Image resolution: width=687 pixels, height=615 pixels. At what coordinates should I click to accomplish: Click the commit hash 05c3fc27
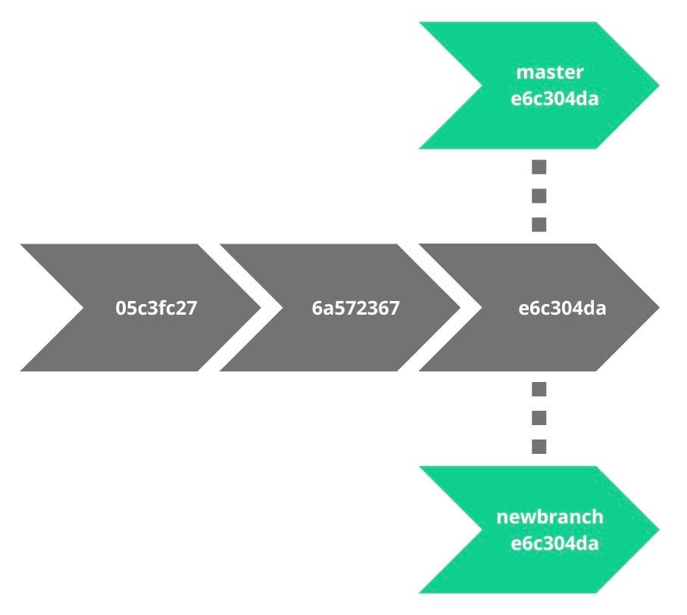point(156,309)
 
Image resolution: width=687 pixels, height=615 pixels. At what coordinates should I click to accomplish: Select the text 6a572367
point(355,309)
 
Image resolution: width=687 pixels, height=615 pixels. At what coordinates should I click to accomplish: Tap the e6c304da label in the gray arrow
point(562,309)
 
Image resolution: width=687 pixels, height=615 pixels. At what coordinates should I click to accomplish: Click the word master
point(550,73)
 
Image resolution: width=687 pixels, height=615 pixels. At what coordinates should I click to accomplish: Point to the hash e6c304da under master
point(554,99)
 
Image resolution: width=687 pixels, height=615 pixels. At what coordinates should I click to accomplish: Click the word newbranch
point(550,517)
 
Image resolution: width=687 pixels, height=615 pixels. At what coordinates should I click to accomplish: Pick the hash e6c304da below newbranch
point(554,544)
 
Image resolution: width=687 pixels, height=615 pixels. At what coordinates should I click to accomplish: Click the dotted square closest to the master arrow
point(539,167)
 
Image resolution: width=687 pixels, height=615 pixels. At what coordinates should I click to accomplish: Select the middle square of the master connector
point(539,196)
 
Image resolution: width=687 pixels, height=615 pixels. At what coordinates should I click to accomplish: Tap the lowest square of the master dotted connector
point(539,224)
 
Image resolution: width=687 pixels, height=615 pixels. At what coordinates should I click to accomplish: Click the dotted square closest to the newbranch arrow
point(539,446)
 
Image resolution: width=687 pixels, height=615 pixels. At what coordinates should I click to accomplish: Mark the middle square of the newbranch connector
point(539,418)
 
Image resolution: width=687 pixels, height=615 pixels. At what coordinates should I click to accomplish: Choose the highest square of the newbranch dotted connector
point(539,390)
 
